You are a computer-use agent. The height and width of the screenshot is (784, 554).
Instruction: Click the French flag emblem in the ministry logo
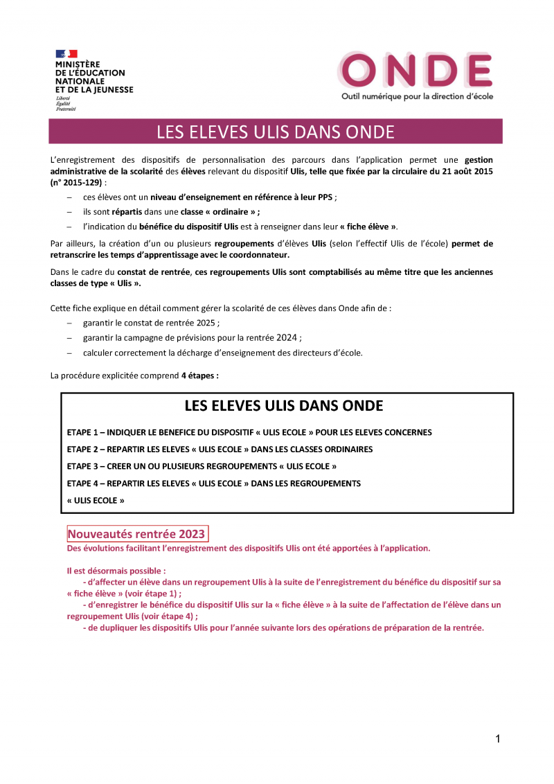click(66, 54)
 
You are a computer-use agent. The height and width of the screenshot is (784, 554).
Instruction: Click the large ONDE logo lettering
click(415, 71)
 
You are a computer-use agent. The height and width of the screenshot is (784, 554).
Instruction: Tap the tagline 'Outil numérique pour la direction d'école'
click(417, 96)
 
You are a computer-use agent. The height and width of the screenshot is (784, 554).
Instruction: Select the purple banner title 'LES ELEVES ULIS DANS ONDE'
click(275, 132)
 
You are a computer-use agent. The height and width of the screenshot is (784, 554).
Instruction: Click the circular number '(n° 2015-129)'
click(76, 182)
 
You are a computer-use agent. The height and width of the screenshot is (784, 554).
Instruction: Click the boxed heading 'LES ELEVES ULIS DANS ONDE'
click(284, 405)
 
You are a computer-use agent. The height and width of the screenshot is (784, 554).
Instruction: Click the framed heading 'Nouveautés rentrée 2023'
click(136, 534)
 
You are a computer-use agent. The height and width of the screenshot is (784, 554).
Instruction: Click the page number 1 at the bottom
click(497, 739)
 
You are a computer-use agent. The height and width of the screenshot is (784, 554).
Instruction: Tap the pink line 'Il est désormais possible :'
click(116, 571)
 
